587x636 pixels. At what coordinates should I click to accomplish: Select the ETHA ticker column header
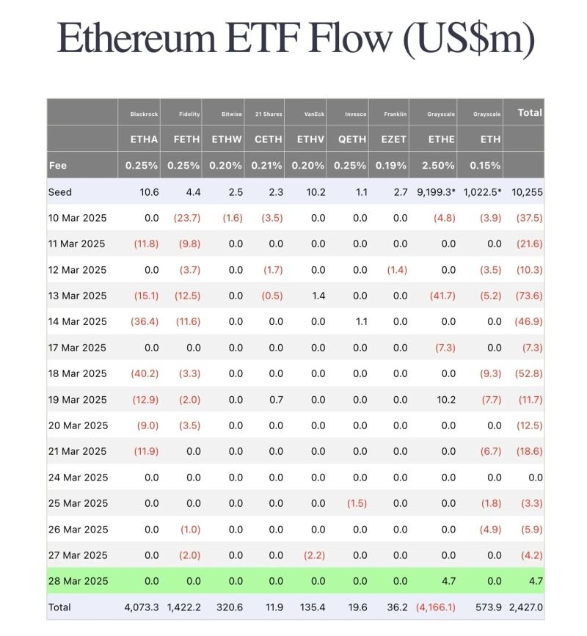(144, 139)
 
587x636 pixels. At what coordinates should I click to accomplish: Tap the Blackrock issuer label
(145, 114)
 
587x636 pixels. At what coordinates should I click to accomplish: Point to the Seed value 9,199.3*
(437, 192)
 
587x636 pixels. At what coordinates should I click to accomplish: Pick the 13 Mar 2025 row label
(77, 296)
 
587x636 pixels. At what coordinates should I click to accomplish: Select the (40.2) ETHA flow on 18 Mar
(145, 373)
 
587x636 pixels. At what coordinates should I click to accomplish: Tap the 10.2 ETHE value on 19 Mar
(445, 400)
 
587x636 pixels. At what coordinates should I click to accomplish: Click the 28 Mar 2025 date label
(77, 581)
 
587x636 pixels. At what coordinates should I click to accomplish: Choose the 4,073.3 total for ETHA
(142, 607)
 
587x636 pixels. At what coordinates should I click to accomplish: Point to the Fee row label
(58, 166)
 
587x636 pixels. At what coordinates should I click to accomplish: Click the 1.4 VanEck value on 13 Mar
(318, 296)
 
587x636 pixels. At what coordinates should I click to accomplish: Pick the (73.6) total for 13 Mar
(529, 296)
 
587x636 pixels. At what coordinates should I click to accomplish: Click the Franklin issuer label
(395, 114)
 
